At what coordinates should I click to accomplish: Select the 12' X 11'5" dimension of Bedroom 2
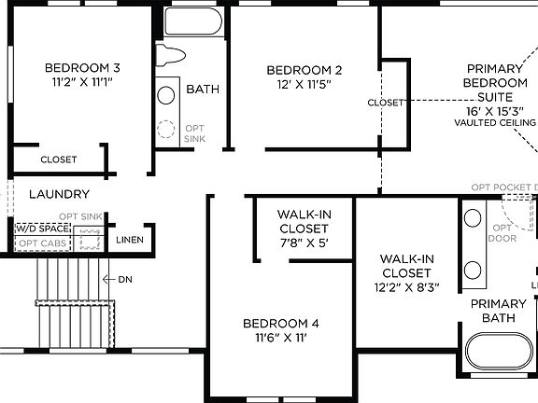click(304, 85)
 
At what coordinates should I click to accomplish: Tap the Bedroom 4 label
click(281, 323)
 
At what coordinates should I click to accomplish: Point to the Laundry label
click(59, 194)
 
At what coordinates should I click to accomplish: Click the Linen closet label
click(129, 240)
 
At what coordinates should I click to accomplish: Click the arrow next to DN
click(107, 279)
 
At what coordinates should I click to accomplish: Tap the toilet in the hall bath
click(171, 58)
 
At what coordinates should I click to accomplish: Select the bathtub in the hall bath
click(192, 22)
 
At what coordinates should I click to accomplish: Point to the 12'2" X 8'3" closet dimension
click(406, 287)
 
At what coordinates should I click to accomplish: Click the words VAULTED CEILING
click(495, 122)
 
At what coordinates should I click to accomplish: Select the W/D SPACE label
click(43, 229)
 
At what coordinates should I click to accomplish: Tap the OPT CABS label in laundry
click(42, 243)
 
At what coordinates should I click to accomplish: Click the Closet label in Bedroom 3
click(59, 160)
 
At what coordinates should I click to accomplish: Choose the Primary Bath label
click(498, 311)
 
